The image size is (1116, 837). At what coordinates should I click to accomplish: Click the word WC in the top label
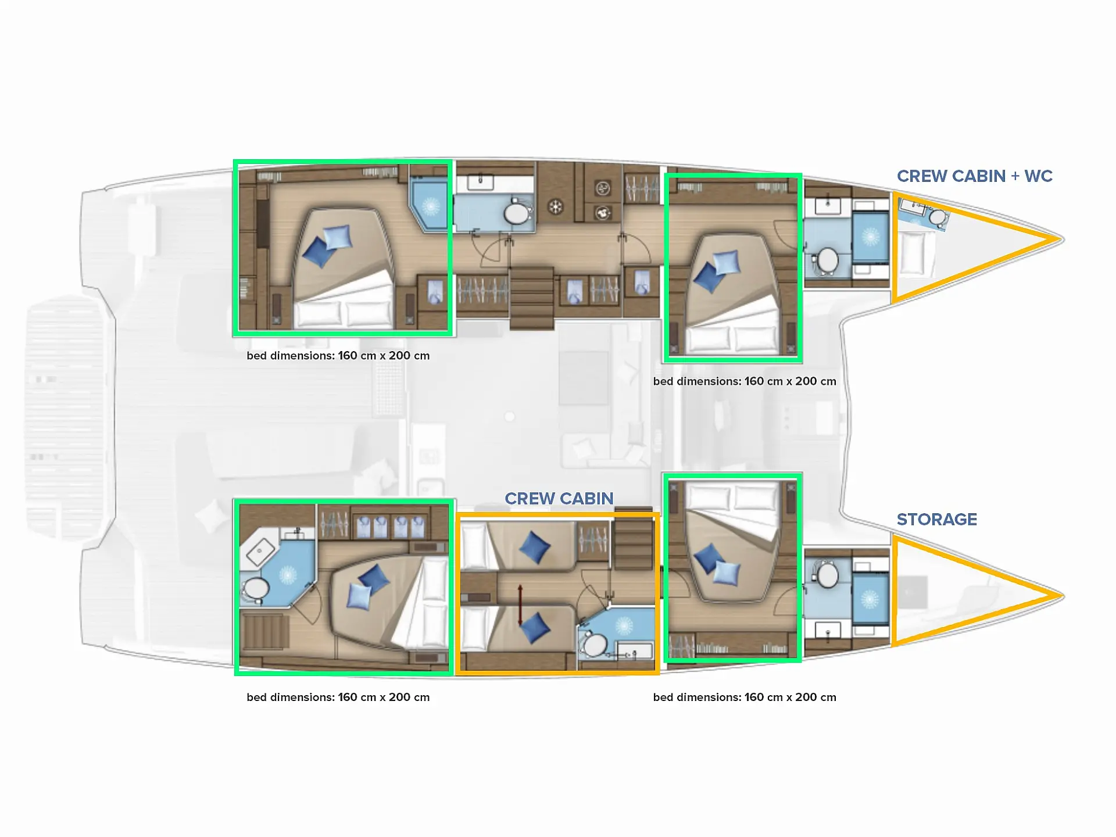click(1038, 176)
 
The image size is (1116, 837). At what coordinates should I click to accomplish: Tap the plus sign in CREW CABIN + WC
click(1015, 177)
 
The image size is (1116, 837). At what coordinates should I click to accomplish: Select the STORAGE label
click(936, 520)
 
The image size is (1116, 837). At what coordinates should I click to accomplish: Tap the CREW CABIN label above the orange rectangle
click(559, 499)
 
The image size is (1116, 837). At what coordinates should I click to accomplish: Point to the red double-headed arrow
click(520, 605)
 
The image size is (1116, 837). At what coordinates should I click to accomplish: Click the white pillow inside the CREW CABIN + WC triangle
click(913, 253)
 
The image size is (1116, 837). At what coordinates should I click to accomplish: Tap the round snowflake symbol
click(556, 206)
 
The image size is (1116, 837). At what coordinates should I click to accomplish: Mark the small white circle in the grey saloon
click(510, 416)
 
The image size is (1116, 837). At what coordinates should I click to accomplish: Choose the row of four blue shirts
click(391, 527)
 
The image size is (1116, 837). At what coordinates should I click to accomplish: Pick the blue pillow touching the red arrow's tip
click(534, 628)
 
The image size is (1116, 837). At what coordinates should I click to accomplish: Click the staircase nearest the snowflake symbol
click(531, 298)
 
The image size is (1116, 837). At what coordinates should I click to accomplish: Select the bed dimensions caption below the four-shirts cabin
click(338, 697)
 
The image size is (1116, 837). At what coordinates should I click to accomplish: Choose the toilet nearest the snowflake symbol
click(517, 213)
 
